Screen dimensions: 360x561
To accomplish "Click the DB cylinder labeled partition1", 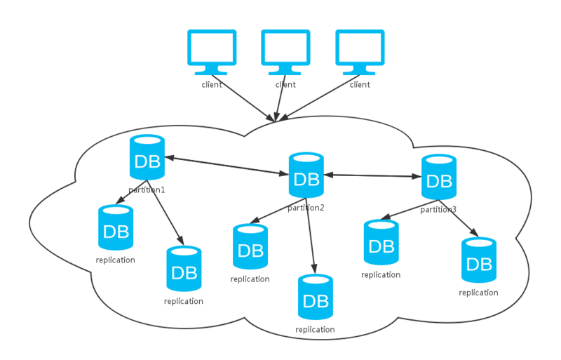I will pyautogui.click(x=147, y=159).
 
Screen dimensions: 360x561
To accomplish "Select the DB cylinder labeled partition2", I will pyautogui.click(x=306, y=175).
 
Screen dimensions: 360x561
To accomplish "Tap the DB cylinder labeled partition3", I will pyautogui.click(x=438, y=178).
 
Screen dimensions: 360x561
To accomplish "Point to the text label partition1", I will pyautogui.click(x=147, y=189).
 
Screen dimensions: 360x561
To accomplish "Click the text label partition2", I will pyautogui.click(x=306, y=207).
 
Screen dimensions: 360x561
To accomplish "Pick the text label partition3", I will pyautogui.click(x=438, y=209).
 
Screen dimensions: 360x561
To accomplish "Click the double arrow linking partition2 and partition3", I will pyautogui.click(x=372, y=175).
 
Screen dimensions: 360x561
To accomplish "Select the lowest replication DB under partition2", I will pyautogui.click(x=316, y=298).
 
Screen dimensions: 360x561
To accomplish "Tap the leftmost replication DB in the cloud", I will pyautogui.click(x=116, y=229).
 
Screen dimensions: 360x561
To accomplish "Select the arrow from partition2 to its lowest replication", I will pyautogui.click(x=311, y=239).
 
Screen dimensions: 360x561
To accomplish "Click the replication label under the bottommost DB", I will pyautogui.click(x=316, y=329).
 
